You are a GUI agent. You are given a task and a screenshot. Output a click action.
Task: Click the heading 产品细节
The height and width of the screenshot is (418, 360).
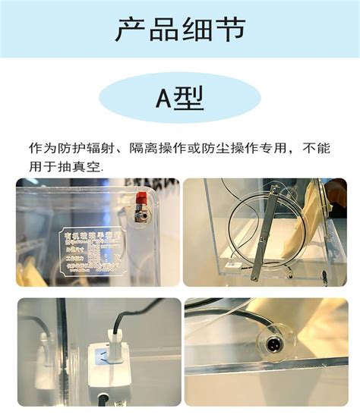[x=180, y=30]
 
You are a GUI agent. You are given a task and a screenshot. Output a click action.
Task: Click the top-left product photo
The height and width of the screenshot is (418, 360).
[x=97, y=232]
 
